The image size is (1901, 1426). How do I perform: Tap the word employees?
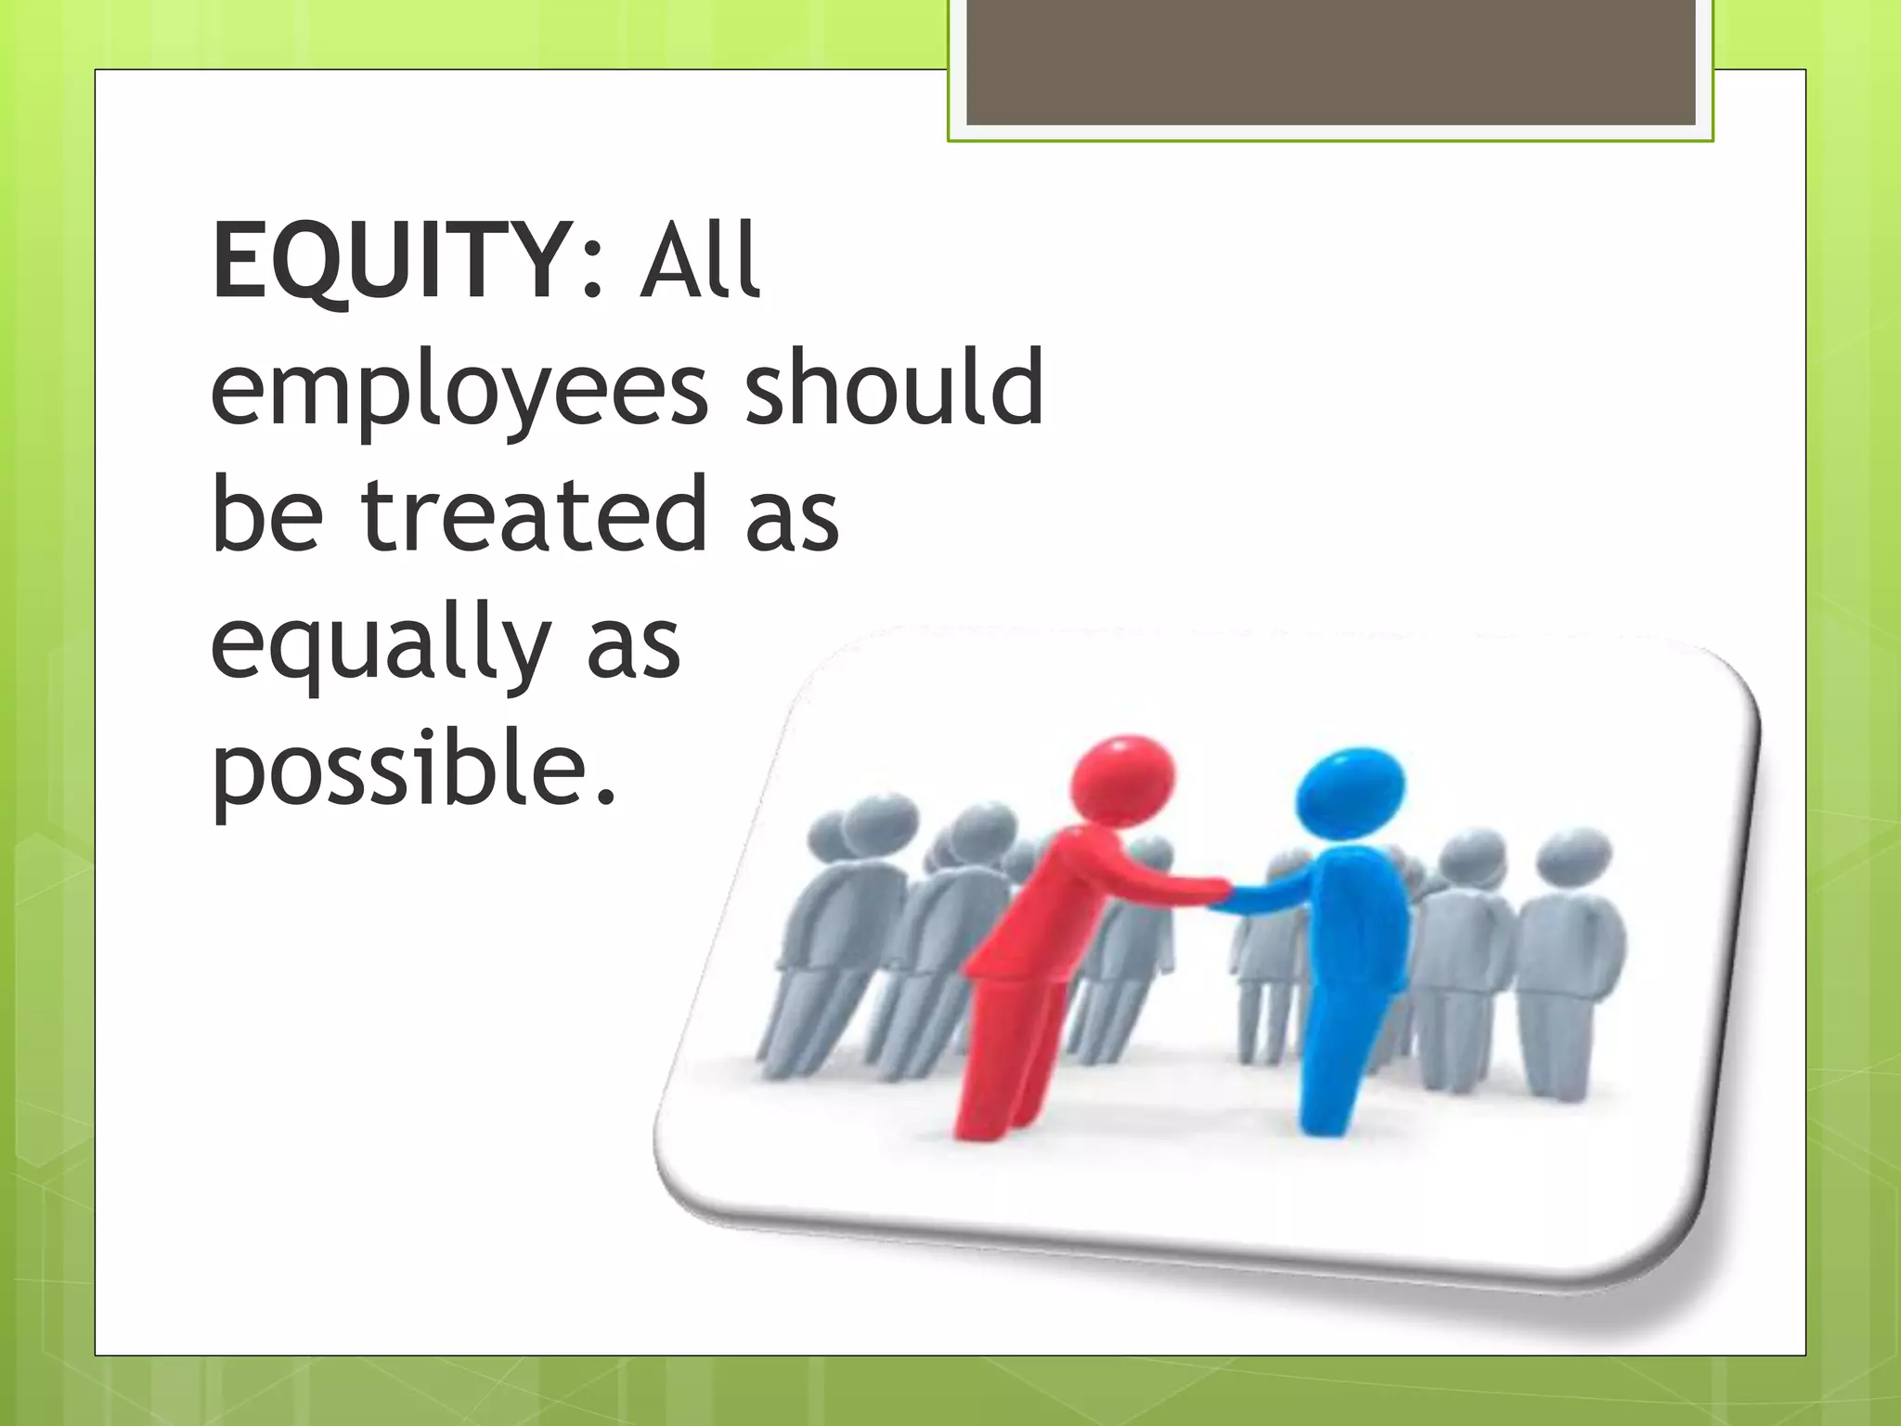[x=459, y=390]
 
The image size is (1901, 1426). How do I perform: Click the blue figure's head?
[x=1351, y=789]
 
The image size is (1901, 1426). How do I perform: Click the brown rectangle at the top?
[x=1330, y=63]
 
